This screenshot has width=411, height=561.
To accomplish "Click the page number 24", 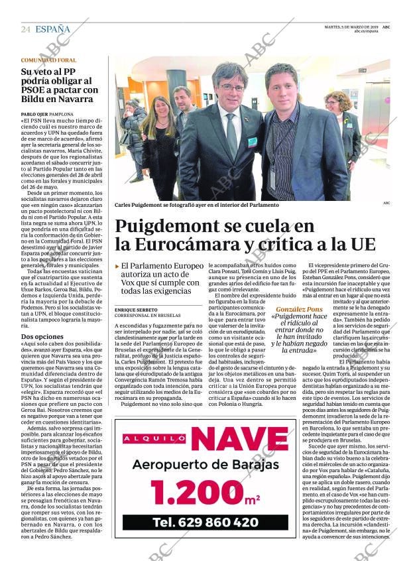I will pos(26,29).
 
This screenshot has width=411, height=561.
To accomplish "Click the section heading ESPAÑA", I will pos(52,29).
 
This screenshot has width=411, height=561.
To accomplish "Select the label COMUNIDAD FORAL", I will pos(48,60).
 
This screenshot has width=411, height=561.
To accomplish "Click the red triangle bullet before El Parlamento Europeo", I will pos(117,266).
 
